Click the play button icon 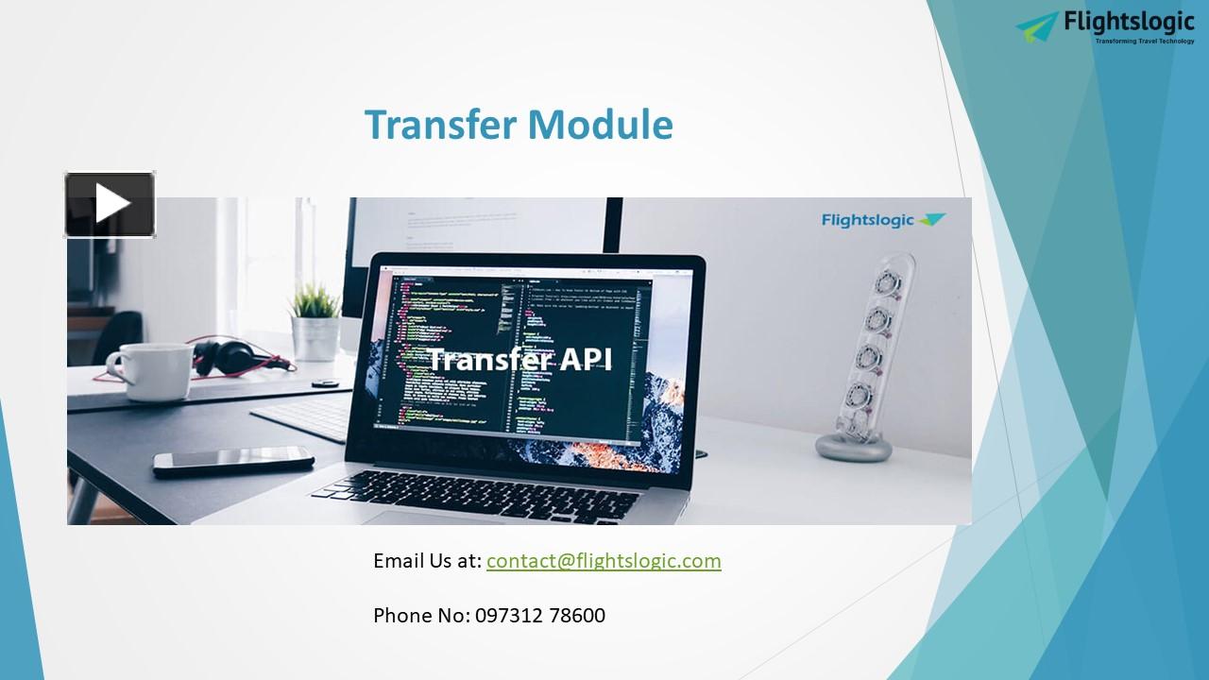110,204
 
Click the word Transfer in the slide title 439,125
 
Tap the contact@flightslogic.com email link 604,561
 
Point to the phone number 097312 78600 539,616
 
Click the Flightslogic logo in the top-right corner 1105,26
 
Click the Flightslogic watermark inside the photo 882,220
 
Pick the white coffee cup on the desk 151,371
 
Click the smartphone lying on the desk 233,460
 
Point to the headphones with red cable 231,357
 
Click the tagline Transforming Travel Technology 1144,41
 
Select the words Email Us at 427,561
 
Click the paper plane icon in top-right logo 1037,25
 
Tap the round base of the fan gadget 853,445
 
